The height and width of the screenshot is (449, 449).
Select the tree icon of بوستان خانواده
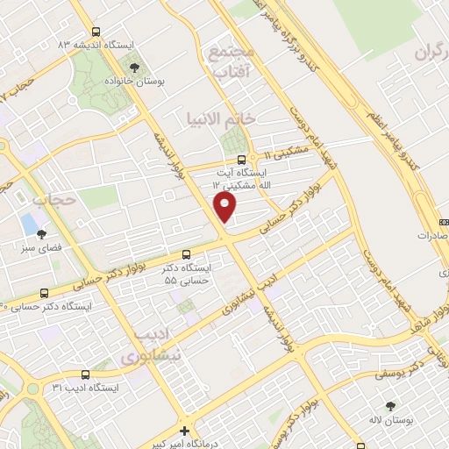pyautogui.click(x=134, y=66)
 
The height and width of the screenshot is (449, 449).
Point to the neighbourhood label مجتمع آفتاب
pyautogui.click(x=232, y=62)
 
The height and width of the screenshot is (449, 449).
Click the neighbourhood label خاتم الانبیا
pyautogui.click(x=219, y=118)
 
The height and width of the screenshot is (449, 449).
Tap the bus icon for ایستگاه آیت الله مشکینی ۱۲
pyautogui.click(x=241, y=159)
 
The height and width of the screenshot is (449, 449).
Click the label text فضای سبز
pyautogui.click(x=36, y=248)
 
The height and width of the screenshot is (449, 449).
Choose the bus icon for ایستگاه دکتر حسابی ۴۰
pyautogui.click(x=44, y=292)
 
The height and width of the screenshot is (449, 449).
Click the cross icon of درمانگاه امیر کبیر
pyautogui.click(x=183, y=431)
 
